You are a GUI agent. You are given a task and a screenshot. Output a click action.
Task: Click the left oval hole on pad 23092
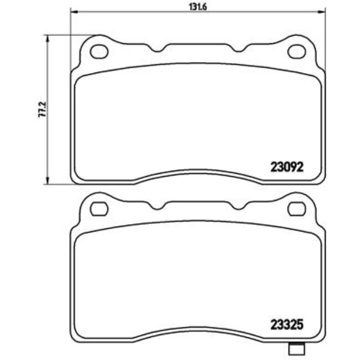point(100,52)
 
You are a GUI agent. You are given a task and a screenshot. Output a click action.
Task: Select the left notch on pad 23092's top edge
point(159,50)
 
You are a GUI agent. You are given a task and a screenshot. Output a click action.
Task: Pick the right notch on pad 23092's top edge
point(238,50)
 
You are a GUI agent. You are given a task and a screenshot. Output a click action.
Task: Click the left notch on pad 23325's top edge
point(159,207)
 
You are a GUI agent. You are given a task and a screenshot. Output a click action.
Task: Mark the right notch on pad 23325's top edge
point(238,207)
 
